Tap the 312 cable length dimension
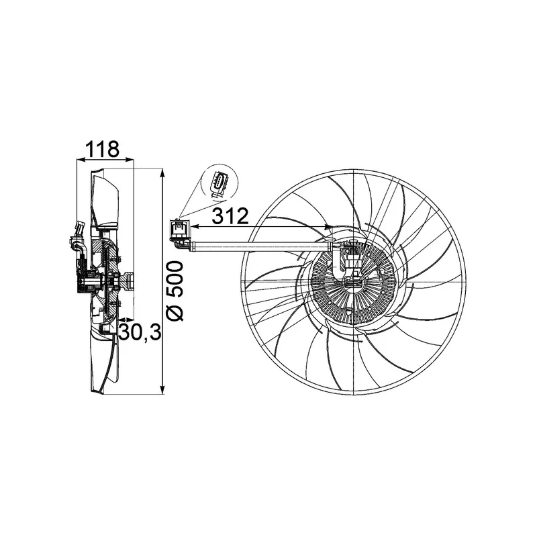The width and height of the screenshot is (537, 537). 231,216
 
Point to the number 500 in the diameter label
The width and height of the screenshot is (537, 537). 175,278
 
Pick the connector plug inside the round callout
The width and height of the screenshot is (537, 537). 219,185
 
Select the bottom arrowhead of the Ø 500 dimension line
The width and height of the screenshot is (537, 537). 163,391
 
